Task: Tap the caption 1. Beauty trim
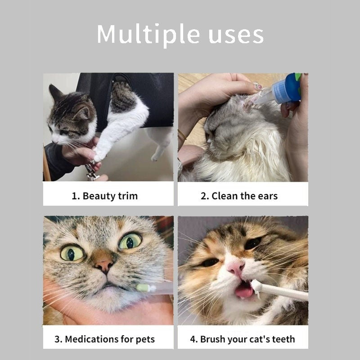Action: (104, 196)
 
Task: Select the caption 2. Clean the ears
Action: (239, 196)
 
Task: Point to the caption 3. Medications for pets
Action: (104, 339)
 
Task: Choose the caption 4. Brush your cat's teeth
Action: (243, 339)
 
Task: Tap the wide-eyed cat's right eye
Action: (130, 241)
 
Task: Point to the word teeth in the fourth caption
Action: (282, 339)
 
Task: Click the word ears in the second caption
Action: (267, 196)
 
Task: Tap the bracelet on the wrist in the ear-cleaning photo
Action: (181, 134)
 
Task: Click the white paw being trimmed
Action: (100, 153)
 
